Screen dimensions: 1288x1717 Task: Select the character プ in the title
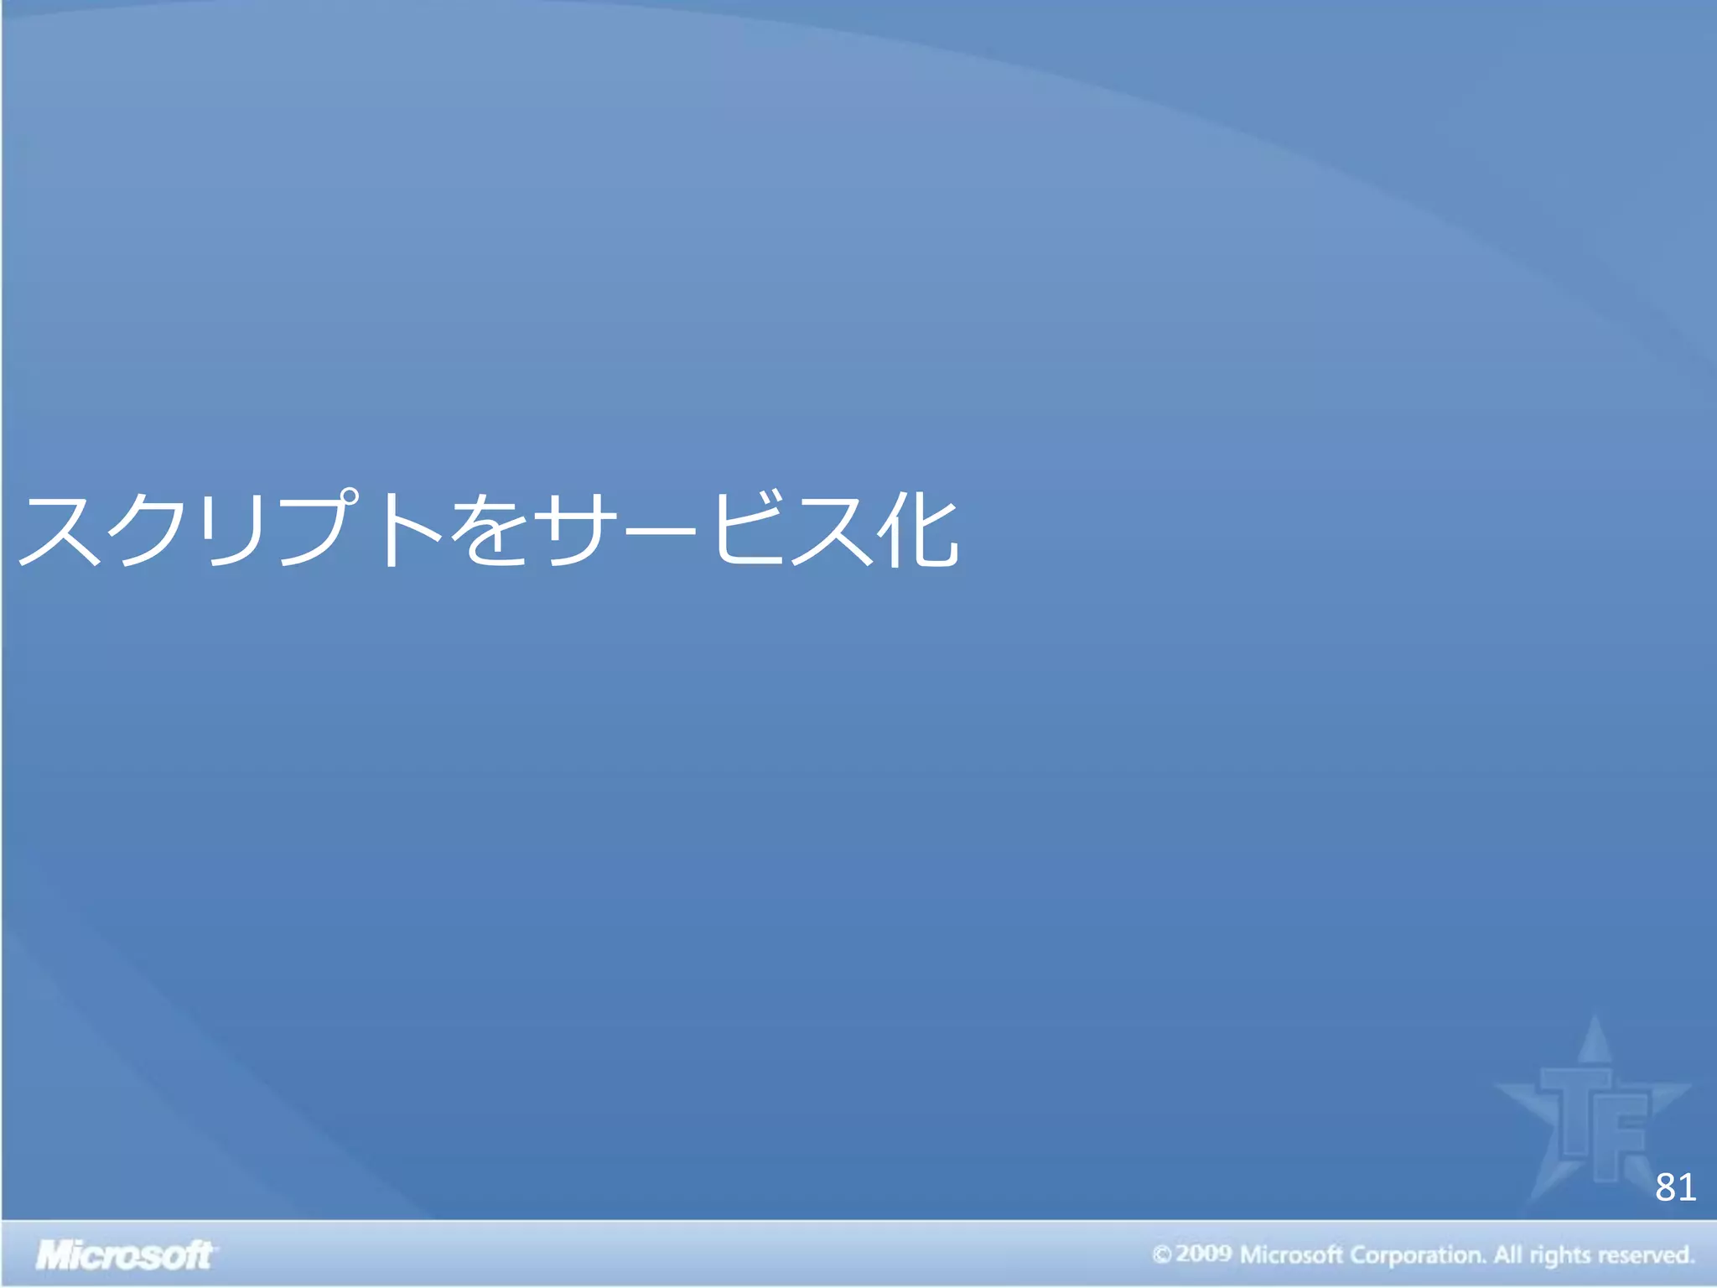(323, 529)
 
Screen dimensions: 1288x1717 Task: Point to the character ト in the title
(411, 531)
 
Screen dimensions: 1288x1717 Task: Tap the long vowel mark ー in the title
(662, 531)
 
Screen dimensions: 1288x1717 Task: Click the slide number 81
(1675, 1188)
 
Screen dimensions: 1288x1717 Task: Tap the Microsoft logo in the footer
(125, 1255)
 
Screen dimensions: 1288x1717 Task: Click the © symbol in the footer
(1161, 1255)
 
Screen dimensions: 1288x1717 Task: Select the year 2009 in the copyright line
(1203, 1254)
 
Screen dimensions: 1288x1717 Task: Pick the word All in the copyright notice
(1508, 1254)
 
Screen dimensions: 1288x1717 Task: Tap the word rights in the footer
(1559, 1256)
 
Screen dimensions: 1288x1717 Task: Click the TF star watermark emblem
(1593, 1115)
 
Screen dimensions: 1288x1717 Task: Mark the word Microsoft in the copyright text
(1291, 1255)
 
